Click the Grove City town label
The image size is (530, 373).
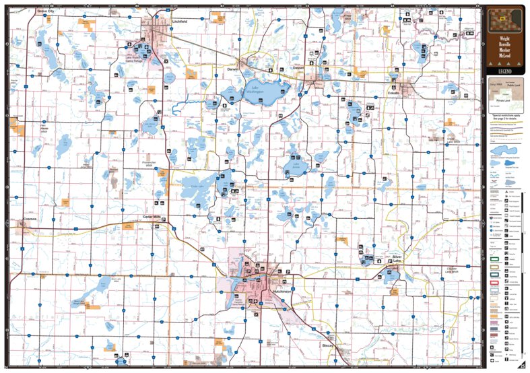click(46, 11)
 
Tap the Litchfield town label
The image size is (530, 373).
click(179, 22)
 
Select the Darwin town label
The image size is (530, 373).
click(233, 69)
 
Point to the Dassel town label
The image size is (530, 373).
click(299, 68)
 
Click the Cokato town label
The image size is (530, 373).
click(394, 94)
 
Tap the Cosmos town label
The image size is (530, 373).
click(28, 219)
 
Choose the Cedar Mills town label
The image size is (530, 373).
click(152, 217)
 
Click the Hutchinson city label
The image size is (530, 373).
click(282, 291)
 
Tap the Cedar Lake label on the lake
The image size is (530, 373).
click(197, 186)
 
